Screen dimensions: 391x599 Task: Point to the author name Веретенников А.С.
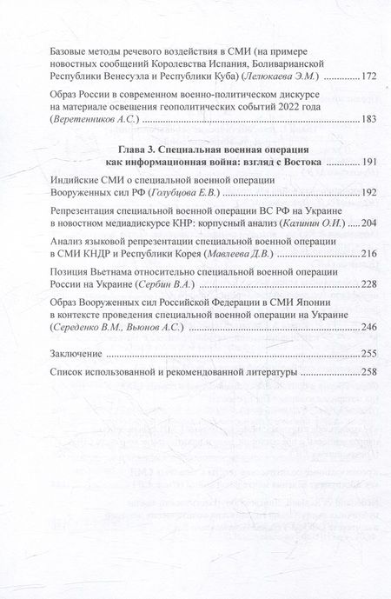point(96,119)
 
